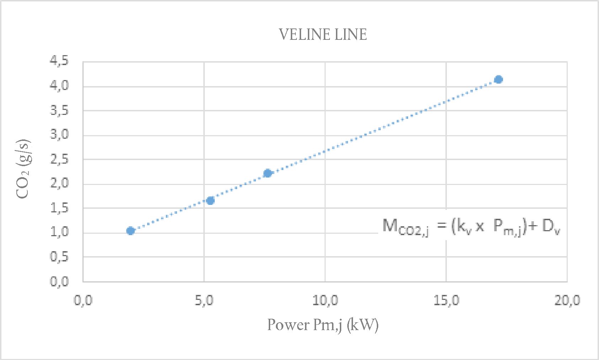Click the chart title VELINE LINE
[x=322, y=35]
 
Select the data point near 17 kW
[x=498, y=79]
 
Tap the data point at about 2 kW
[x=130, y=231]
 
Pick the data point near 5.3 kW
[x=210, y=201]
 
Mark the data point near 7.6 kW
[x=268, y=173]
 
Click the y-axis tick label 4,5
[x=59, y=61]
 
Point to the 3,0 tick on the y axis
[x=59, y=134]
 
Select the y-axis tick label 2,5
[x=59, y=159]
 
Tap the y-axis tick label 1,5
[x=59, y=208]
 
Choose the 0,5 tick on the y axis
[x=59, y=256]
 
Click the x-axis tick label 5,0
[x=204, y=301]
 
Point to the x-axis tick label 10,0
[x=325, y=301]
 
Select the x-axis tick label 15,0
[x=446, y=301]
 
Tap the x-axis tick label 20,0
[x=567, y=301]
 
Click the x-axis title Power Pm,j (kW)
[x=322, y=325]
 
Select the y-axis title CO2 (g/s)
[x=24, y=169]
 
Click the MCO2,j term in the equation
[x=405, y=227]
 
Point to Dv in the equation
[x=551, y=227]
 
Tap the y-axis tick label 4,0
[x=59, y=85]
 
